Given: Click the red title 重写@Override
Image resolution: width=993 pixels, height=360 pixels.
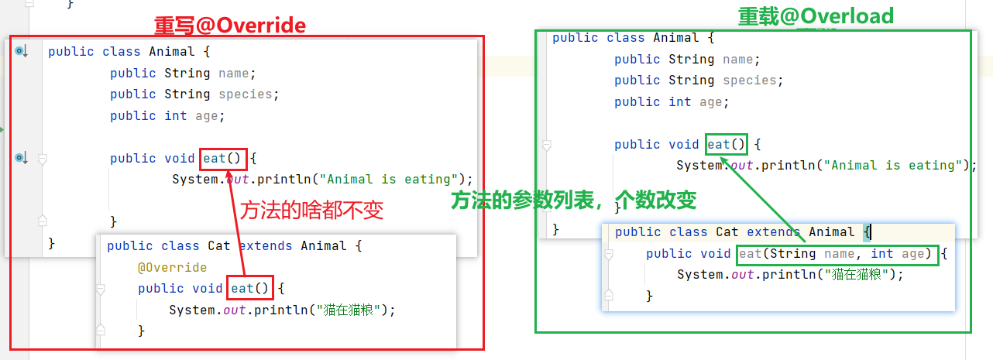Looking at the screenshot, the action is (230, 26).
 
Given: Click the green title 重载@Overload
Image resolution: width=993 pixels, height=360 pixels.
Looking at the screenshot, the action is (816, 15).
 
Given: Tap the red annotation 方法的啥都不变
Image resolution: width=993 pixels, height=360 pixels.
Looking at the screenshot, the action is (311, 211).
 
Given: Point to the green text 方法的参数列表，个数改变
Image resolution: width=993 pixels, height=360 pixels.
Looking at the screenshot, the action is (574, 201).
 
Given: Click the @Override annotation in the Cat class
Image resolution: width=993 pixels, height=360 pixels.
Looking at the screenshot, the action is (172, 267).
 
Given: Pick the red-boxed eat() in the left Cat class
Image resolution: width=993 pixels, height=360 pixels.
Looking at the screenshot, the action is (251, 289).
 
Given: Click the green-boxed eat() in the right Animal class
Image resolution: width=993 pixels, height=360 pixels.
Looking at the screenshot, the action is (727, 145).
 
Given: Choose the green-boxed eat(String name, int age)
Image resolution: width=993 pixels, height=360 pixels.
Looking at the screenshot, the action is (838, 254).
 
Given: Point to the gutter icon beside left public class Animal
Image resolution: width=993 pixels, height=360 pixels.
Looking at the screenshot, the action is (21, 52).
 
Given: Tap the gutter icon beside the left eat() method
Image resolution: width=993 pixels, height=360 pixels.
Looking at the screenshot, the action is (21, 159).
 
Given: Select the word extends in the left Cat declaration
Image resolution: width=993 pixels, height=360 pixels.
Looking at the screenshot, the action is (266, 246).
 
